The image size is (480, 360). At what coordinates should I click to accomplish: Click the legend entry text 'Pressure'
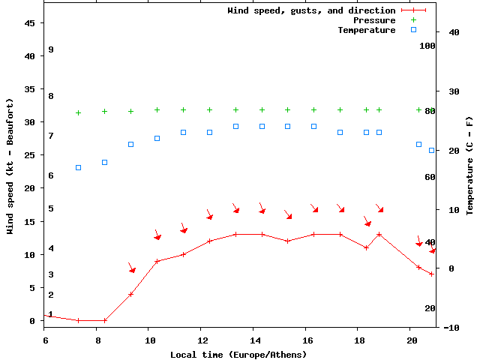(x=374, y=20)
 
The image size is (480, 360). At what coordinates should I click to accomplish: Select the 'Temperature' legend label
(x=366, y=30)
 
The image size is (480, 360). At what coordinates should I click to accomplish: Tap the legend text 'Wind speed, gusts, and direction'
(x=311, y=10)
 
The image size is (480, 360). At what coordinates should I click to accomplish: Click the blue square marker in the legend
(x=413, y=30)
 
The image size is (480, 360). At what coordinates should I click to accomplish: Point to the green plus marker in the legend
(x=413, y=20)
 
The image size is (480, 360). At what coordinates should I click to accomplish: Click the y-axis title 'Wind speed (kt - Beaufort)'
(x=10, y=166)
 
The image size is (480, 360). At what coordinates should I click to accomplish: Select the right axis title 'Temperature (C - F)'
(x=469, y=166)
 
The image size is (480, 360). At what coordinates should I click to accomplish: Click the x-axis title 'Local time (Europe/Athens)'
(x=238, y=354)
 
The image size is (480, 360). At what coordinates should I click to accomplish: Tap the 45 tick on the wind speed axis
(x=31, y=23)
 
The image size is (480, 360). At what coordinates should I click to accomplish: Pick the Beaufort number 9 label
(x=50, y=49)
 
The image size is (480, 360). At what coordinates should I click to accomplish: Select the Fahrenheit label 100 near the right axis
(x=427, y=46)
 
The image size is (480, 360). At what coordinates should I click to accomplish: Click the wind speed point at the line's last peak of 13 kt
(x=379, y=235)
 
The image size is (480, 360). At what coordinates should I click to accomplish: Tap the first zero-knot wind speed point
(x=79, y=320)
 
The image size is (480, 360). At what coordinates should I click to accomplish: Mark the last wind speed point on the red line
(x=431, y=274)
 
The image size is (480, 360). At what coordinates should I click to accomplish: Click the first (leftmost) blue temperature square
(x=79, y=167)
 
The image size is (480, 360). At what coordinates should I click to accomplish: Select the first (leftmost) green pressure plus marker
(x=79, y=113)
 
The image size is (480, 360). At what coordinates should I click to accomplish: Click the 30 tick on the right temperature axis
(x=453, y=91)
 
